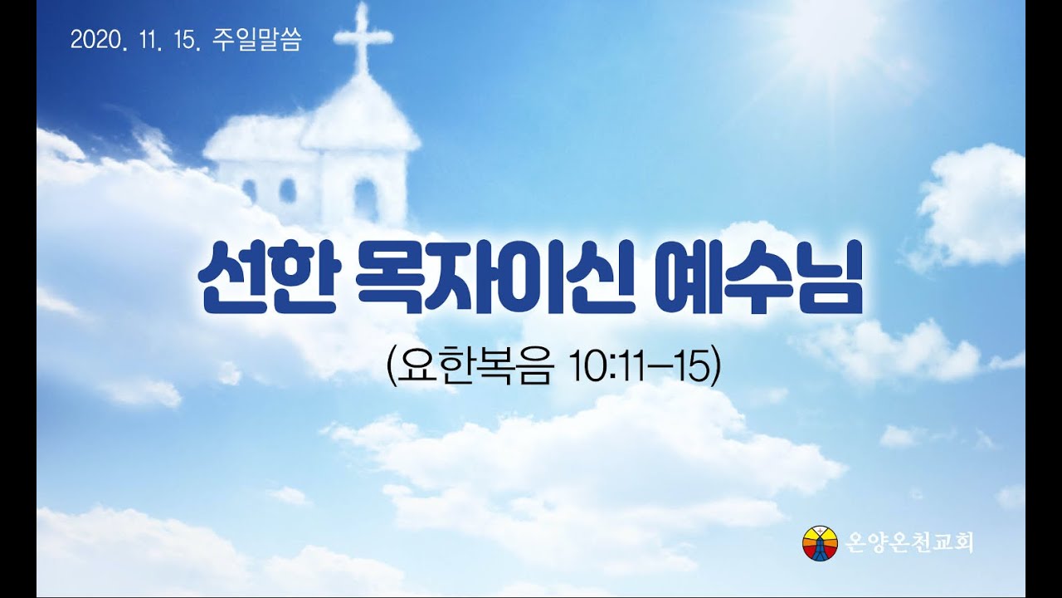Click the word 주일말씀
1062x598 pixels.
257,40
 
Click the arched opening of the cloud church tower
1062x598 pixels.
366,199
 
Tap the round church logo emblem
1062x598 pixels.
821,543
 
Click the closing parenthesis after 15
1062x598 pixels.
716,368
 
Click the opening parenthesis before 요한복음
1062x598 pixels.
392,368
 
